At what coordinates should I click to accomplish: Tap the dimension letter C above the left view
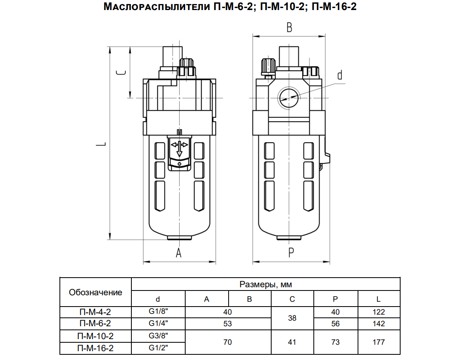(x=121, y=72)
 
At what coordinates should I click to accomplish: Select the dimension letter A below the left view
(x=178, y=253)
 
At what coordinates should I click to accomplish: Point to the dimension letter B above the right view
(x=289, y=28)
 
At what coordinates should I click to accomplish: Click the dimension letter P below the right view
(x=291, y=253)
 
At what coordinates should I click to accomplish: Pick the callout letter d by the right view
(x=340, y=75)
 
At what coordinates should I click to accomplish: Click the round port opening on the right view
(x=289, y=98)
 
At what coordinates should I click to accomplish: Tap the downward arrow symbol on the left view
(x=179, y=149)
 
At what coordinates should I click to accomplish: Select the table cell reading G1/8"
(x=158, y=311)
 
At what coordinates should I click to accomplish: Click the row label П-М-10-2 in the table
(x=95, y=336)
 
